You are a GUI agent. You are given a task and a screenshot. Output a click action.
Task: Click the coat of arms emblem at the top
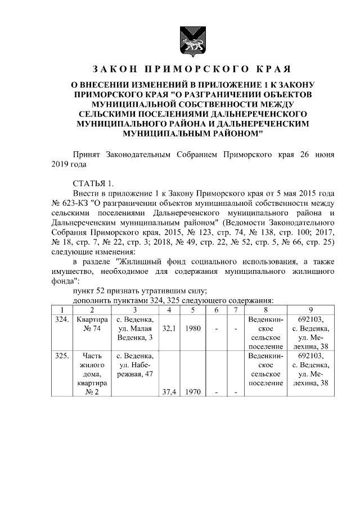186,40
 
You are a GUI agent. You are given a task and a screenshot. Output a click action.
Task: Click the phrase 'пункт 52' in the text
91,291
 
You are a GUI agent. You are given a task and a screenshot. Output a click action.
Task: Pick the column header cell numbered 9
310,309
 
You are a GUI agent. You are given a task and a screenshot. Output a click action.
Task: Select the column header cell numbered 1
62,309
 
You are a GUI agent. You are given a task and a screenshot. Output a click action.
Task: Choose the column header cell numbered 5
192,309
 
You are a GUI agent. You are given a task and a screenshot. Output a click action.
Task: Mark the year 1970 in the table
192,393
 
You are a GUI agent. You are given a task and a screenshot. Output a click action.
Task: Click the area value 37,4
167,393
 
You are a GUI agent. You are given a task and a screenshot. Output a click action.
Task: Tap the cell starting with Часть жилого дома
91,374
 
